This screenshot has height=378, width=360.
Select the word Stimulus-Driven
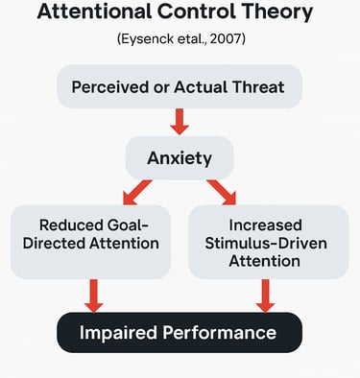268,243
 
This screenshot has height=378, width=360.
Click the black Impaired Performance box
180,333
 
